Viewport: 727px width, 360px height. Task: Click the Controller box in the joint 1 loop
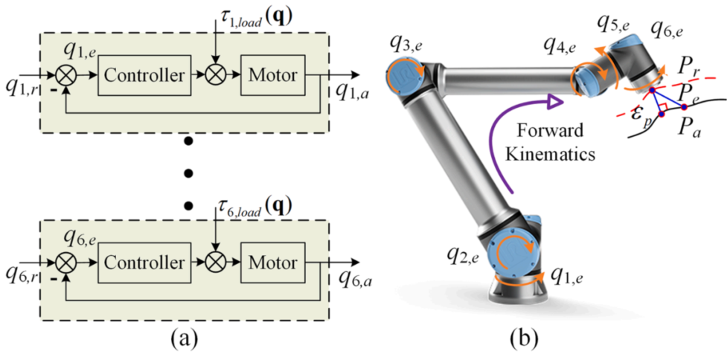point(144,75)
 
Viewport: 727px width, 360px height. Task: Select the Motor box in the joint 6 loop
point(271,263)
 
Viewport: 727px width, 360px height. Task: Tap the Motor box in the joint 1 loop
point(271,75)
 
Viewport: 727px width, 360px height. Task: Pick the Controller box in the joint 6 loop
point(144,263)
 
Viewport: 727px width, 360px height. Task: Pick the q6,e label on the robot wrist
point(667,30)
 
